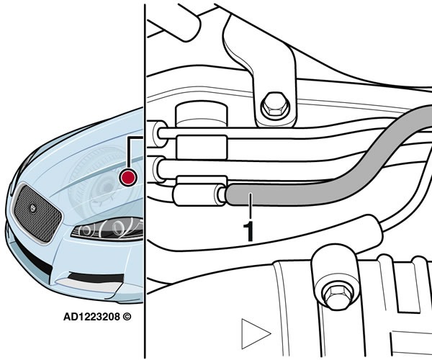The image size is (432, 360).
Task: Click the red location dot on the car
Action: point(128,177)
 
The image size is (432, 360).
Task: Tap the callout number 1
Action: point(248,231)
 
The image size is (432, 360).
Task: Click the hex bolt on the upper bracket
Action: point(275,107)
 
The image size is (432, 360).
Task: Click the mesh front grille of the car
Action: point(37,213)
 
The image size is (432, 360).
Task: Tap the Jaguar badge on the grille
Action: point(33,209)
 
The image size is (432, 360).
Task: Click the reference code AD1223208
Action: point(91,317)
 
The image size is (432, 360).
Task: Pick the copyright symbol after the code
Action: point(127,317)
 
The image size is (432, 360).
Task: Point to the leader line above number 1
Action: point(250,207)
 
